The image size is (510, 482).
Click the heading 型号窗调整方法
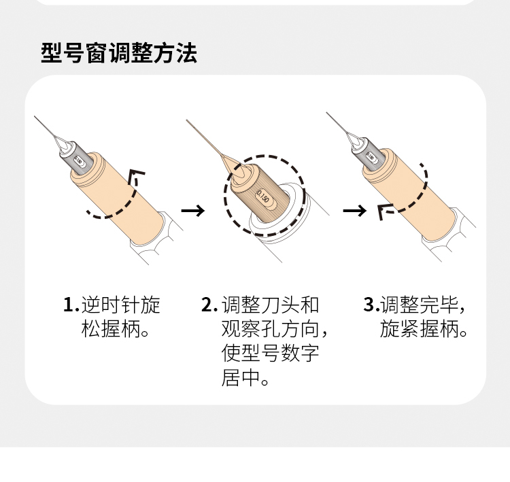point(119,52)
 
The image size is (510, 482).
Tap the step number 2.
point(209,305)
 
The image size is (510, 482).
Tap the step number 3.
point(370,305)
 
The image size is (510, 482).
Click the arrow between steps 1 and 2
point(193,211)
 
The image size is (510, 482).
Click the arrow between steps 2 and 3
point(354,211)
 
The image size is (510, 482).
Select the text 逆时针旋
point(120,305)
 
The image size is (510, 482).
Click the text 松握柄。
point(115,330)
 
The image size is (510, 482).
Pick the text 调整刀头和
point(270,305)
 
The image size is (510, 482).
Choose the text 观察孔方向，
point(275,330)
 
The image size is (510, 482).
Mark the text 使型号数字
point(270,354)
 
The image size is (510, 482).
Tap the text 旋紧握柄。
point(424,330)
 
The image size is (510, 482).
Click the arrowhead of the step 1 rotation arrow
point(137,174)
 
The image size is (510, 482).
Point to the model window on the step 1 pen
point(79,162)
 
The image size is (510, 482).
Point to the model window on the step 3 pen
point(371,156)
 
